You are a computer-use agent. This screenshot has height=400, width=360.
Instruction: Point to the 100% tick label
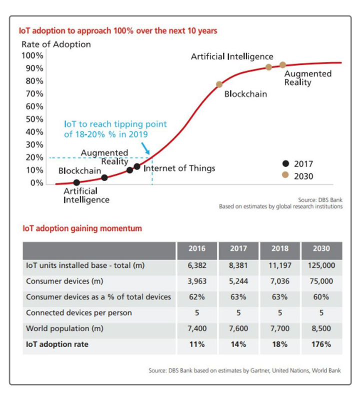click(x=32, y=55)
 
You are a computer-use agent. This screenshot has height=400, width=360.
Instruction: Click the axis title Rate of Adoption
click(x=56, y=44)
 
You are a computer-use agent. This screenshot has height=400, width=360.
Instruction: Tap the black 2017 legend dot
click(x=285, y=163)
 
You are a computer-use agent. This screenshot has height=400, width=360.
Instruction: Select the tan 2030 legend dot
click(x=285, y=176)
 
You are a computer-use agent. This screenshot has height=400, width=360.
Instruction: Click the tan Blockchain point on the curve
click(x=219, y=84)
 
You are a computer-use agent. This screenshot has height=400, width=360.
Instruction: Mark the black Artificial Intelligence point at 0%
click(x=76, y=182)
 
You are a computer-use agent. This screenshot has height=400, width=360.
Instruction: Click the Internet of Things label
click(x=179, y=168)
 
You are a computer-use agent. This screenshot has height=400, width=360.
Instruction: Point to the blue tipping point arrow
click(x=145, y=147)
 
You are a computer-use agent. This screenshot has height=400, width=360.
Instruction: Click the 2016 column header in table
click(x=197, y=248)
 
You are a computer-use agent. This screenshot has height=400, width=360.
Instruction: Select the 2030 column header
click(x=321, y=248)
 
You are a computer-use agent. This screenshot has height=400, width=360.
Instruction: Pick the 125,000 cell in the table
click(x=321, y=265)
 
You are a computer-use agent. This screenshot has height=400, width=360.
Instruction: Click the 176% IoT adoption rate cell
click(x=321, y=344)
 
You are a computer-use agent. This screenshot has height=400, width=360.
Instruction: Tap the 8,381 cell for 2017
click(x=238, y=265)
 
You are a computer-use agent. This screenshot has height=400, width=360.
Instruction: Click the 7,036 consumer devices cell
click(x=279, y=281)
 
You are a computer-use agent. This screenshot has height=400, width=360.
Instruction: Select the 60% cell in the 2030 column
click(x=321, y=297)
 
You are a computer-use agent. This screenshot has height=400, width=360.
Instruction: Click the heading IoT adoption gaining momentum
click(x=82, y=228)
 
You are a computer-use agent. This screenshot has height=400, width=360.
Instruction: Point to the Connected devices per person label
click(x=79, y=313)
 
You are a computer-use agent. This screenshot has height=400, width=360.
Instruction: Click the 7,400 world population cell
click(x=197, y=329)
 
